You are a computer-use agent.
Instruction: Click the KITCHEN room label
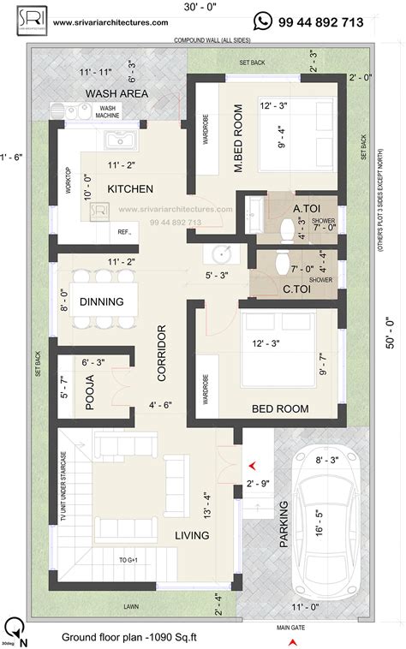click(x=130, y=188)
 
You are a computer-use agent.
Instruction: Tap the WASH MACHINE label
click(x=108, y=112)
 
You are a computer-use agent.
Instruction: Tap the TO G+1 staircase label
click(x=128, y=559)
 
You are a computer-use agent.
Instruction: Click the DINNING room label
click(x=108, y=301)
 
